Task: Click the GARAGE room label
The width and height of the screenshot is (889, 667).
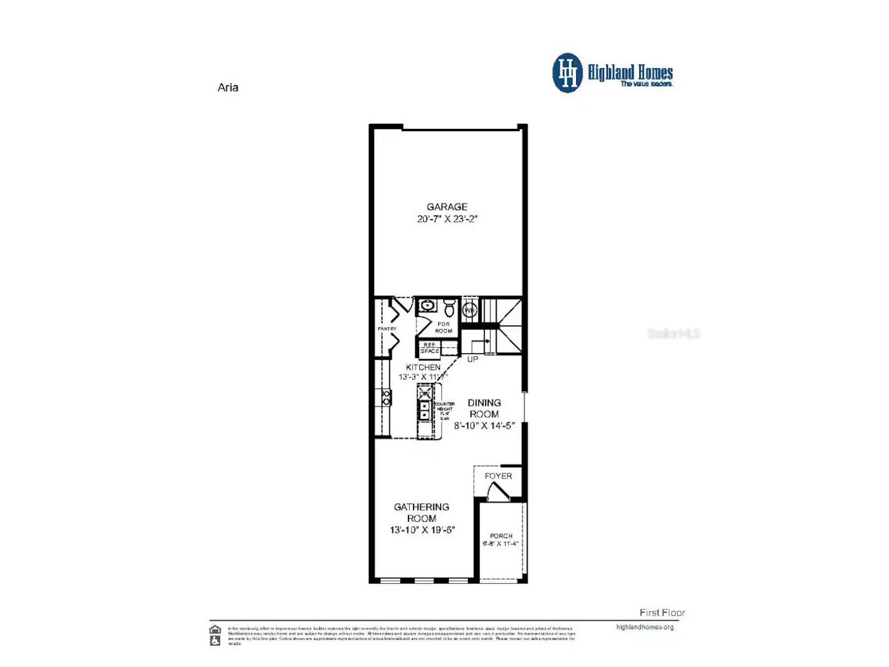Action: (x=447, y=207)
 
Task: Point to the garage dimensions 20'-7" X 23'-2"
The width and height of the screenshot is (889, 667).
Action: (x=447, y=219)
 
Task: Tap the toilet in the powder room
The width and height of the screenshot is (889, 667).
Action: (x=450, y=308)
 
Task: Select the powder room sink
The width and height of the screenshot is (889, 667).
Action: (x=427, y=305)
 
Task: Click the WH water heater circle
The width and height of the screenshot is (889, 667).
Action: (x=470, y=311)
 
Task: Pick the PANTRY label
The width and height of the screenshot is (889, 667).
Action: (x=387, y=329)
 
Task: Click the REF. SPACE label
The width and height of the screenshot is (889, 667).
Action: (x=430, y=348)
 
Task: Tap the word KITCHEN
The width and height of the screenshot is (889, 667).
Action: (x=423, y=367)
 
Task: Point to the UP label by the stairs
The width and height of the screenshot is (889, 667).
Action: (x=473, y=359)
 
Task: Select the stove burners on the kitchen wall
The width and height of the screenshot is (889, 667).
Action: (x=386, y=398)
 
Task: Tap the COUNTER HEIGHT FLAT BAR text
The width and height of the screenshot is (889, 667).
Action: (x=445, y=411)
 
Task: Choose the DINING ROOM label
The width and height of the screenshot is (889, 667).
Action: (x=484, y=409)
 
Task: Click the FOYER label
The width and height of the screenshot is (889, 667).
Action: (x=498, y=476)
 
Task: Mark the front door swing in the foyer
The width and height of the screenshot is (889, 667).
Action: (x=497, y=492)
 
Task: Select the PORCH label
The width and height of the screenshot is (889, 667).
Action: (x=501, y=536)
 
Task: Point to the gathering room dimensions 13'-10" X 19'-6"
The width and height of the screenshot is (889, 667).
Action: (x=422, y=530)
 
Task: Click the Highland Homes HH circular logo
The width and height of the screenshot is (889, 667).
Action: (x=567, y=73)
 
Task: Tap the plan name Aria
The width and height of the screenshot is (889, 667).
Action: (x=228, y=88)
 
